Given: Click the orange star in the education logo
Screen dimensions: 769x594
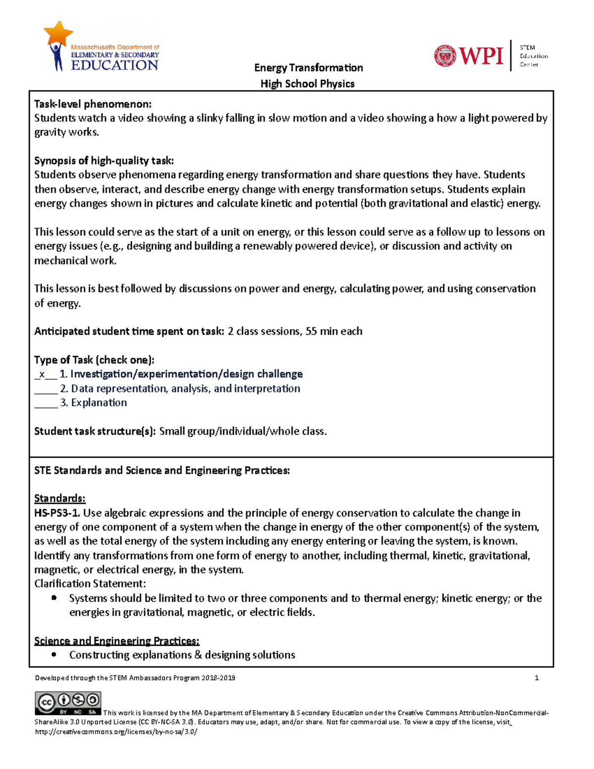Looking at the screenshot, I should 59,33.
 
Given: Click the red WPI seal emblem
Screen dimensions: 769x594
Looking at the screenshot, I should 445,55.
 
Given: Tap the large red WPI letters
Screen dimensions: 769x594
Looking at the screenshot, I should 481,55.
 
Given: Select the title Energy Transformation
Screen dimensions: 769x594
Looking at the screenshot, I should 308,68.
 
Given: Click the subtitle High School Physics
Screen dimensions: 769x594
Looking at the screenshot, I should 307,84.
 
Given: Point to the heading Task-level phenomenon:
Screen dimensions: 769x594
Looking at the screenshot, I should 93,104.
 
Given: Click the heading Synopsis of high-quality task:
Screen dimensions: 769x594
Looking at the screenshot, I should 104,160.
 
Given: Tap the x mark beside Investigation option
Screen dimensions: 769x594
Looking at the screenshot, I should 42,374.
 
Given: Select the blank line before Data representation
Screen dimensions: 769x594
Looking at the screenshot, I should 46,389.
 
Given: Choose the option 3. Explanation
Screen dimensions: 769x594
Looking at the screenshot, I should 94,403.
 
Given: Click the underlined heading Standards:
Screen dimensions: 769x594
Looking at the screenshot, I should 59,498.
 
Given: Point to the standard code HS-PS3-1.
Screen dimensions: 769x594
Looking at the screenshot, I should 57,513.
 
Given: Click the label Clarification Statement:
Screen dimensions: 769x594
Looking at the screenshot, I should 90,584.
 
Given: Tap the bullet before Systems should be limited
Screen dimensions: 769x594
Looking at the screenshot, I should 54,598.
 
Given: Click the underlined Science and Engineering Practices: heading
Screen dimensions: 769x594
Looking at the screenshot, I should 117,641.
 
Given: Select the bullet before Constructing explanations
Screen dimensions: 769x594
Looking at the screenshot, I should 54,655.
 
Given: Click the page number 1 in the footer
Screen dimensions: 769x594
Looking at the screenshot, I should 537,678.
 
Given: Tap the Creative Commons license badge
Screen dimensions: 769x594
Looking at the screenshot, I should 68,703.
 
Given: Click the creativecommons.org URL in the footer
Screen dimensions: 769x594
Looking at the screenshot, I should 116,731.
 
